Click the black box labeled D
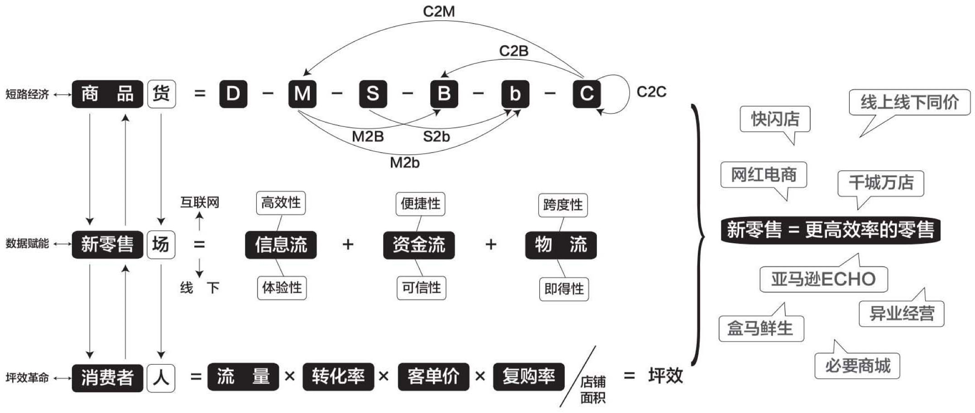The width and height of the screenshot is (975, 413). pos(233,94)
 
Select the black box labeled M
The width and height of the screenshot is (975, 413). pos(302,94)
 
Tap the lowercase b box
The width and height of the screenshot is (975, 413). pos(515,94)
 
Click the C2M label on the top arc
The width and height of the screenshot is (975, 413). pos(438,11)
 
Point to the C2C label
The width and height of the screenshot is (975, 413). pos(651,92)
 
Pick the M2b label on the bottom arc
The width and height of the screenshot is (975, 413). pos(404,162)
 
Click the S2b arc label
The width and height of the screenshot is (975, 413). pos(436,136)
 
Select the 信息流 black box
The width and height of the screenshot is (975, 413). pos(281,245)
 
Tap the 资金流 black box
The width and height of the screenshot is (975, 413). pos(418,245)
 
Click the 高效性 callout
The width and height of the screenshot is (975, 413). pos(281,202)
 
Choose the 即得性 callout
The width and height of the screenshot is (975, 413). pos(564,289)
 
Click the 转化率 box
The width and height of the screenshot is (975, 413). pos(338,376)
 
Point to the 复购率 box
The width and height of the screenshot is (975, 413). pos(528,376)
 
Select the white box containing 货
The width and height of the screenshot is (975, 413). pos(161,94)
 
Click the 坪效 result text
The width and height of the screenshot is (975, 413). pos(665,375)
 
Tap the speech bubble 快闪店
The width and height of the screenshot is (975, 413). pos(775,119)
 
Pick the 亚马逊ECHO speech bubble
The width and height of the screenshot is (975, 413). pos(823,279)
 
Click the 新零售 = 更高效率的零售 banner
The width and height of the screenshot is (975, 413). pos(830,230)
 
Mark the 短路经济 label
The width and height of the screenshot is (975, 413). pos(27,94)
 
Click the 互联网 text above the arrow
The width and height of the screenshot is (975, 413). pos(199,202)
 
